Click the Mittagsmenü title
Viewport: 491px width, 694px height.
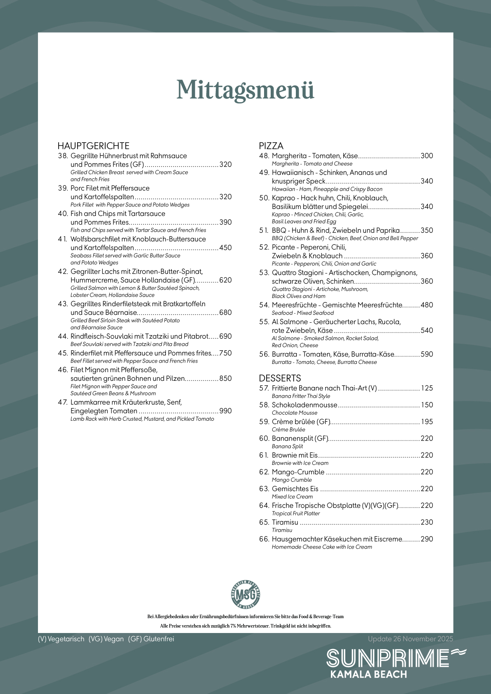[x=245, y=89]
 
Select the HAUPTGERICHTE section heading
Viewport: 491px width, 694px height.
[x=93, y=146]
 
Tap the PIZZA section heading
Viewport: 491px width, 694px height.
[x=271, y=146]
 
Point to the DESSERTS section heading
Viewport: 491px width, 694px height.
[x=280, y=378]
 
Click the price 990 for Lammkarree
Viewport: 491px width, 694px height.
[x=225, y=411]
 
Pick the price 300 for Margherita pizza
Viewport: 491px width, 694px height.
[x=427, y=156]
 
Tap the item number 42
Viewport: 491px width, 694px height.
[x=63, y=272]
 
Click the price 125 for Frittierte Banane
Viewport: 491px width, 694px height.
[x=427, y=388]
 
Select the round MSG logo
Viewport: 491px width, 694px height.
[x=245, y=594]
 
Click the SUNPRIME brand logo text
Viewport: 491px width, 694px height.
[x=388, y=658]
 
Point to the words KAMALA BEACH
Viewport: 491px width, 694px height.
[x=368, y=675]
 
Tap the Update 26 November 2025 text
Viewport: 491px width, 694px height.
[x=410, y=639]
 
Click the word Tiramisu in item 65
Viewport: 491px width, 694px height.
[x=285, y=523]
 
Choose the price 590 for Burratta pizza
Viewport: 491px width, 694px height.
[x=427, y=354]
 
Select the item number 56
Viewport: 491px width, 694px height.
[x=264, y=354]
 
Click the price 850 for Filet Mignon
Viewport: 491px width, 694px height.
[x=225, y=379]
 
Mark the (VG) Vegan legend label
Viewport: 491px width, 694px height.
[x=106, y=639]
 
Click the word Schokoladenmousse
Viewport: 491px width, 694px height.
[x=305, y=405]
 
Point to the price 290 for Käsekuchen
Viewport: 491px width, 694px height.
[x=427, y=539]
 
